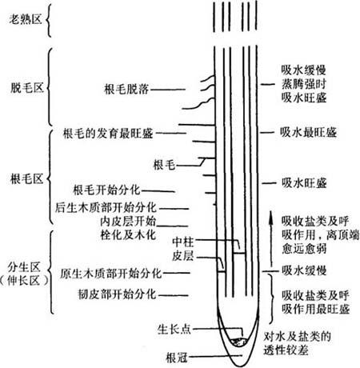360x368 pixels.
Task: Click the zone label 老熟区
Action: click(x=26, y=19)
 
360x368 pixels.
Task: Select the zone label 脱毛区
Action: click(x=27, y=87)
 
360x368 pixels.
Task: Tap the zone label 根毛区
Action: click(x=26, y=178)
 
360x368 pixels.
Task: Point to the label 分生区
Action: click(x=24, y=267)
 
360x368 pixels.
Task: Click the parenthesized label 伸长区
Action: click(x=24, y=281)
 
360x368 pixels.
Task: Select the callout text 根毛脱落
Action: click(x=126, y=89)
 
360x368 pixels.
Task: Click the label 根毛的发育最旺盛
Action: click(x=108, y=134)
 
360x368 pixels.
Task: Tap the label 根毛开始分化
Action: click(x=106, y=190)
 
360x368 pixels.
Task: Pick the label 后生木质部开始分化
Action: click(x=106, y=208)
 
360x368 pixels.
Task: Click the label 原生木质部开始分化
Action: click(x=111, y=274)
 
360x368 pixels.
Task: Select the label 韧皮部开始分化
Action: click(x=117, y=294)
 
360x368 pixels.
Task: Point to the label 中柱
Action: click(x=183, y=242)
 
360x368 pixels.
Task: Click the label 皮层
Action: click(x=183, y=256)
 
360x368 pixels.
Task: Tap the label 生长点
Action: click(x=174, y=330)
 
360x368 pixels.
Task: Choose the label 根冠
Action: click(x=177, y=358)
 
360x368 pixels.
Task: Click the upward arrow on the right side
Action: click(x=271, y=238)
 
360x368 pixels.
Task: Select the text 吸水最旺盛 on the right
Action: click(x=308, y=132)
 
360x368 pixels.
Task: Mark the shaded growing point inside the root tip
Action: click(x=239, y=342)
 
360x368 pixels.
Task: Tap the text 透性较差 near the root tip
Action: click(x=286, y=350)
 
